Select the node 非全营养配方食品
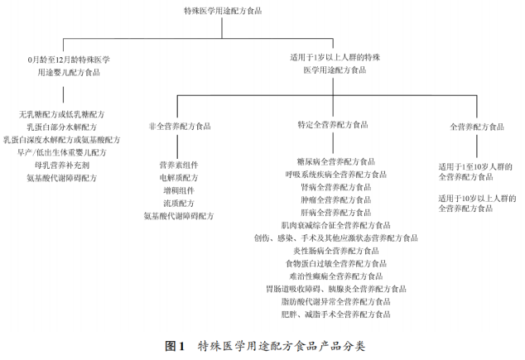point(179,127)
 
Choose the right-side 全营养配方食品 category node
point(476,127)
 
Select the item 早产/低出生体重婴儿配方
point(61,152)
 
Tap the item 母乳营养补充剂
point(61,165)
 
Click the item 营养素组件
point(179,165)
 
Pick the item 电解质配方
point(179,177)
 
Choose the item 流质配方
point(179,203)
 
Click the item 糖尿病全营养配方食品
point(335,161)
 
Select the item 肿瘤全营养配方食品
point(335,199)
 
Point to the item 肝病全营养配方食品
point(335,212)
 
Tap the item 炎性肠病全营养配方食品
point(335,250)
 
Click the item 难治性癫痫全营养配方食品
point(335,276)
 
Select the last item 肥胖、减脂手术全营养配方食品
point(335,314)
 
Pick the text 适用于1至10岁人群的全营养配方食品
point(475,171)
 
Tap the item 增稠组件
point(179,190)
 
